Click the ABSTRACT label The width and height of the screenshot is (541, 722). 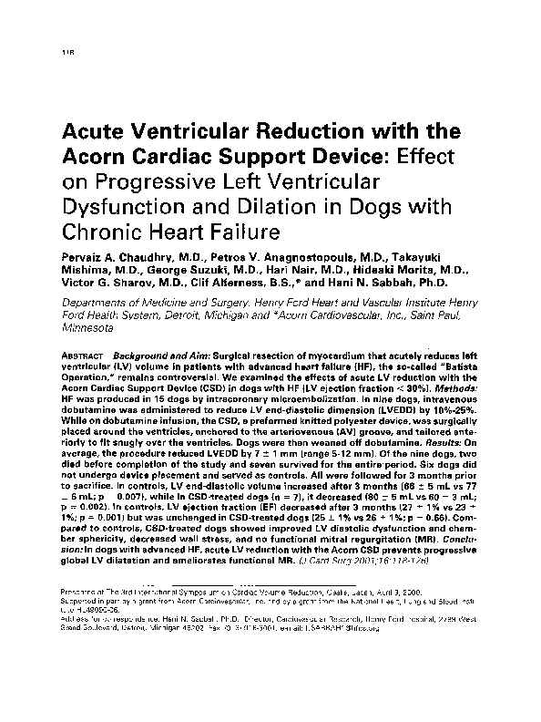[x=79, y=354]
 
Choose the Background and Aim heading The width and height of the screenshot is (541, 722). [x=149, y=354]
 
